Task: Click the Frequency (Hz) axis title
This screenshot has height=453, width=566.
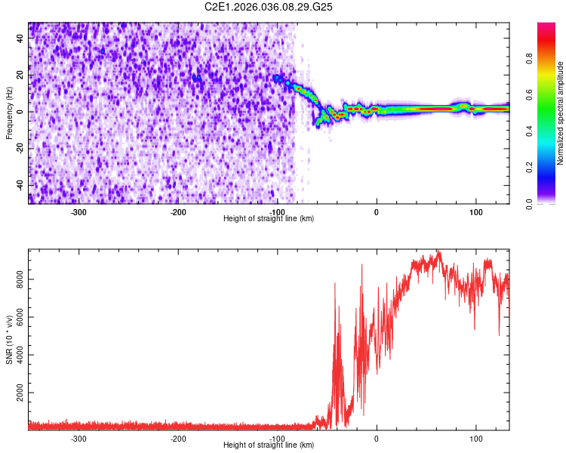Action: point(10,113)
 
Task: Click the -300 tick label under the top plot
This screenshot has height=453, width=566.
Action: point(78,211)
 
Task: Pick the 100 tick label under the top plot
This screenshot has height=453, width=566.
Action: point(475,211)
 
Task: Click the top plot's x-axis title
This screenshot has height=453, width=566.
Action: point(269,218)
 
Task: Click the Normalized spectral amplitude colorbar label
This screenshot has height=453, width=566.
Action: point(561,113)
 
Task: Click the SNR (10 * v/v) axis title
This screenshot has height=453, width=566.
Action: point(10,340)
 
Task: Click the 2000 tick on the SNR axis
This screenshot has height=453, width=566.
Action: point(16,393)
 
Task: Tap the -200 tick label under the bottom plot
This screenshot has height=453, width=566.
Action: point(178,438)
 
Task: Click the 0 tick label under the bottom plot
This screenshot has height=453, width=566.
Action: point(377,438)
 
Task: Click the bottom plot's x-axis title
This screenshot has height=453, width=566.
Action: point(269,445)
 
